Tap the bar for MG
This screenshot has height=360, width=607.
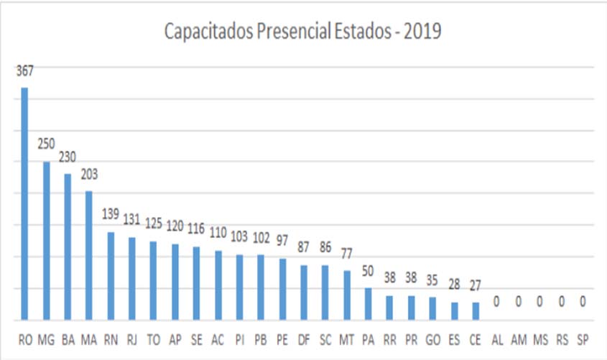pos(46,241)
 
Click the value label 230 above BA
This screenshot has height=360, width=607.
pos(68,157)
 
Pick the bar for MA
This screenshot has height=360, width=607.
pos(89,255)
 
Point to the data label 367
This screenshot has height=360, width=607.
pos(24,70)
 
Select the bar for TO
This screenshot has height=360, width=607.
pos(153,280)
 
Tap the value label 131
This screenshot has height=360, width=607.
pos(131,221)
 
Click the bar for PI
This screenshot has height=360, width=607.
pos(239,287)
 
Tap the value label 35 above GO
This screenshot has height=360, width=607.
pos(432,280)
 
